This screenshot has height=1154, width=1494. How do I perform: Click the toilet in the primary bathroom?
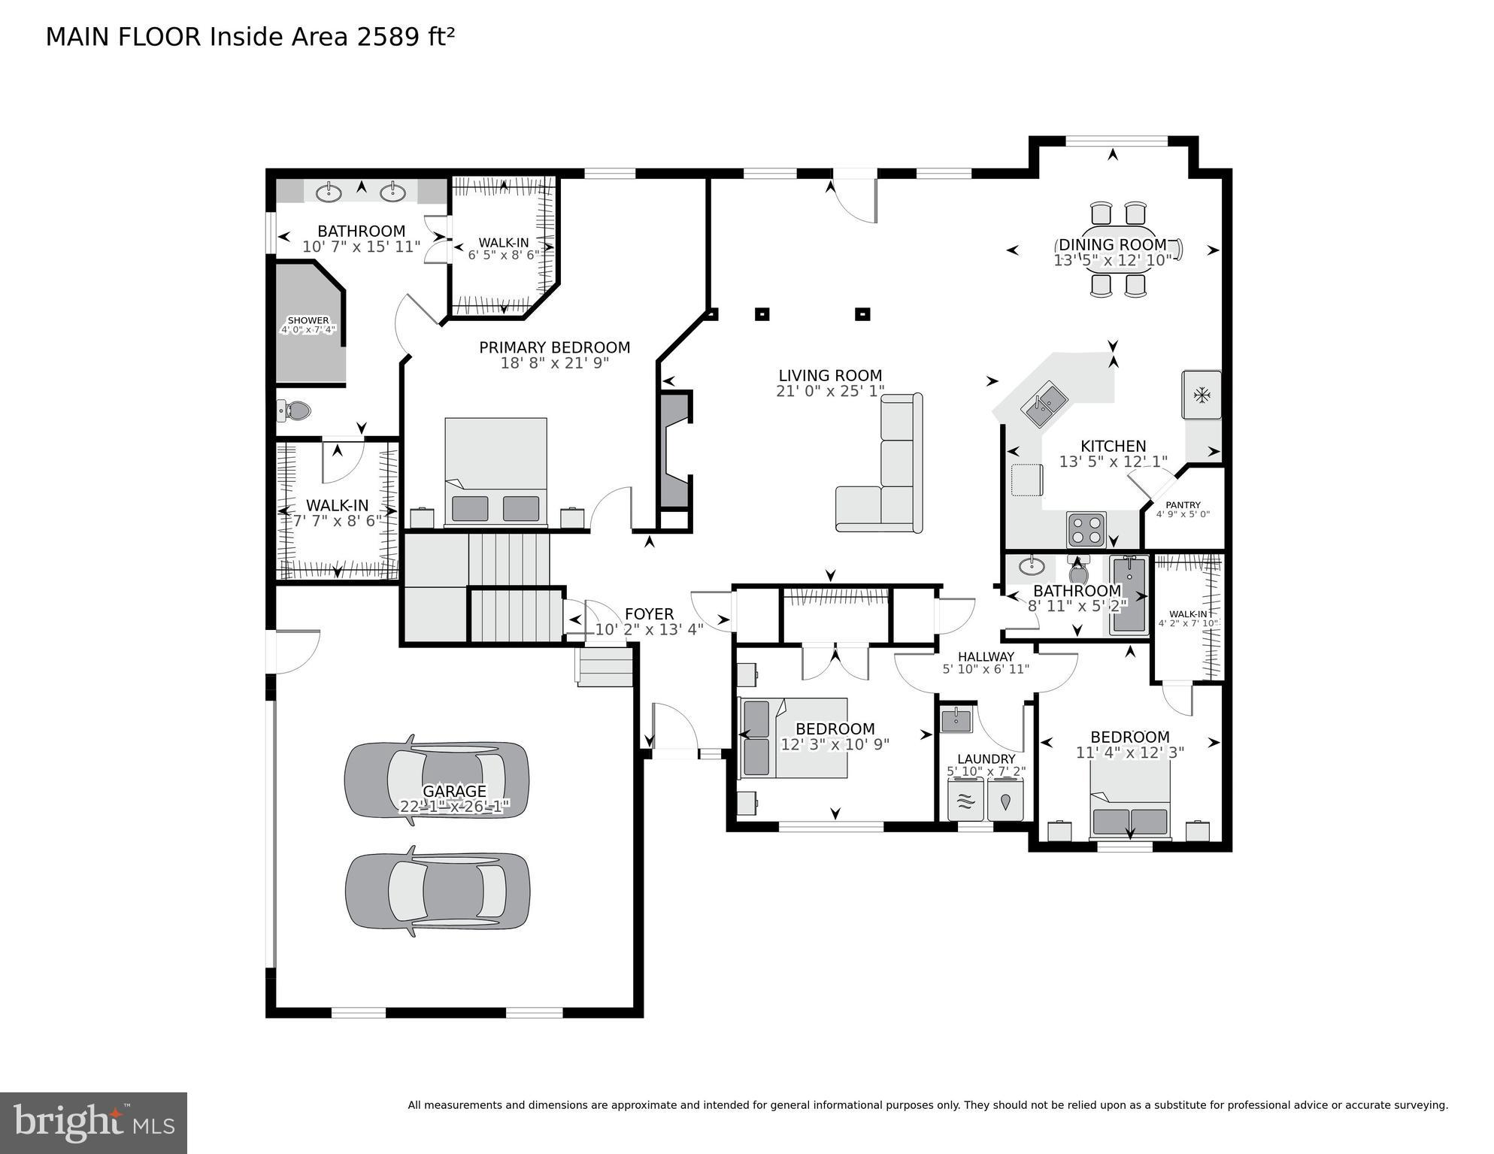coord(295,410)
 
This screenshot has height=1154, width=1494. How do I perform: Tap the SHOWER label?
coord(308,320)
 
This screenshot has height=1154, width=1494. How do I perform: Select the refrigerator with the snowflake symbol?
coord(1202,394)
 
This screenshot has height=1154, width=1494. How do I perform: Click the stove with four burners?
coord(1086,529)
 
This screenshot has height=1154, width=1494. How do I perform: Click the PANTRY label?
coord(1183,505)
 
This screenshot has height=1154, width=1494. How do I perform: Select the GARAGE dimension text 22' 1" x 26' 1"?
coord(454,807)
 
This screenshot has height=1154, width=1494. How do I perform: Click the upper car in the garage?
coord(436,780)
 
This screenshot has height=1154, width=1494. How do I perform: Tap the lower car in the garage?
coord(438,891)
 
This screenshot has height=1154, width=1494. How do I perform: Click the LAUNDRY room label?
coord(986,759)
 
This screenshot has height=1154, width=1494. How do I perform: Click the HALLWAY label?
coord(986,656)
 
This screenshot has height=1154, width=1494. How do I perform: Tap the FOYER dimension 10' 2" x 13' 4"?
coord(649,630)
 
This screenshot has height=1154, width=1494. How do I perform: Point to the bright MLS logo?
coord(93,1122)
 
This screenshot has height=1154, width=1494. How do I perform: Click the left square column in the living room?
coord(762,314)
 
